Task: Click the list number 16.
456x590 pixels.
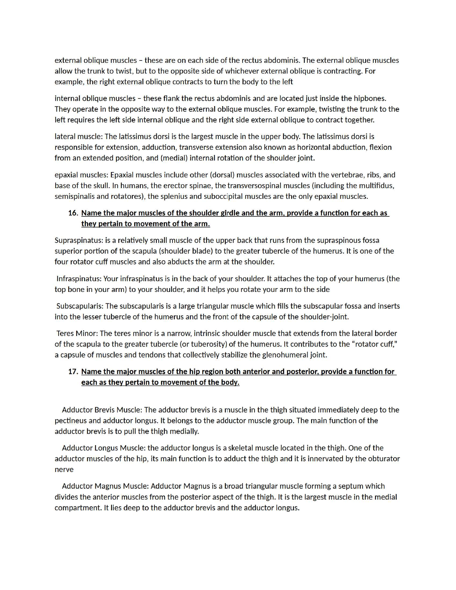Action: [x=73, y=213]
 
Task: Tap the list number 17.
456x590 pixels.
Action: [x=73, y=372]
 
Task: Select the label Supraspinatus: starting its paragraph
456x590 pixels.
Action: [x=79, y=241]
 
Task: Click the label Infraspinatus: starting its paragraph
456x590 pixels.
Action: [x=79, y=279]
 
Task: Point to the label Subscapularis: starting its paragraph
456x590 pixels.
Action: [x=80, y=306]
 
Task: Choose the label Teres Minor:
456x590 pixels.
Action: [x=77, y=334]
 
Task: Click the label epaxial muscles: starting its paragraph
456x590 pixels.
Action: [x=81, y=175]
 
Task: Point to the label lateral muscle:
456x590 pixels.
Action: [x=79, y=137]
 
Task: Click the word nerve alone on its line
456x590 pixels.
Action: [x=64, y=470]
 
